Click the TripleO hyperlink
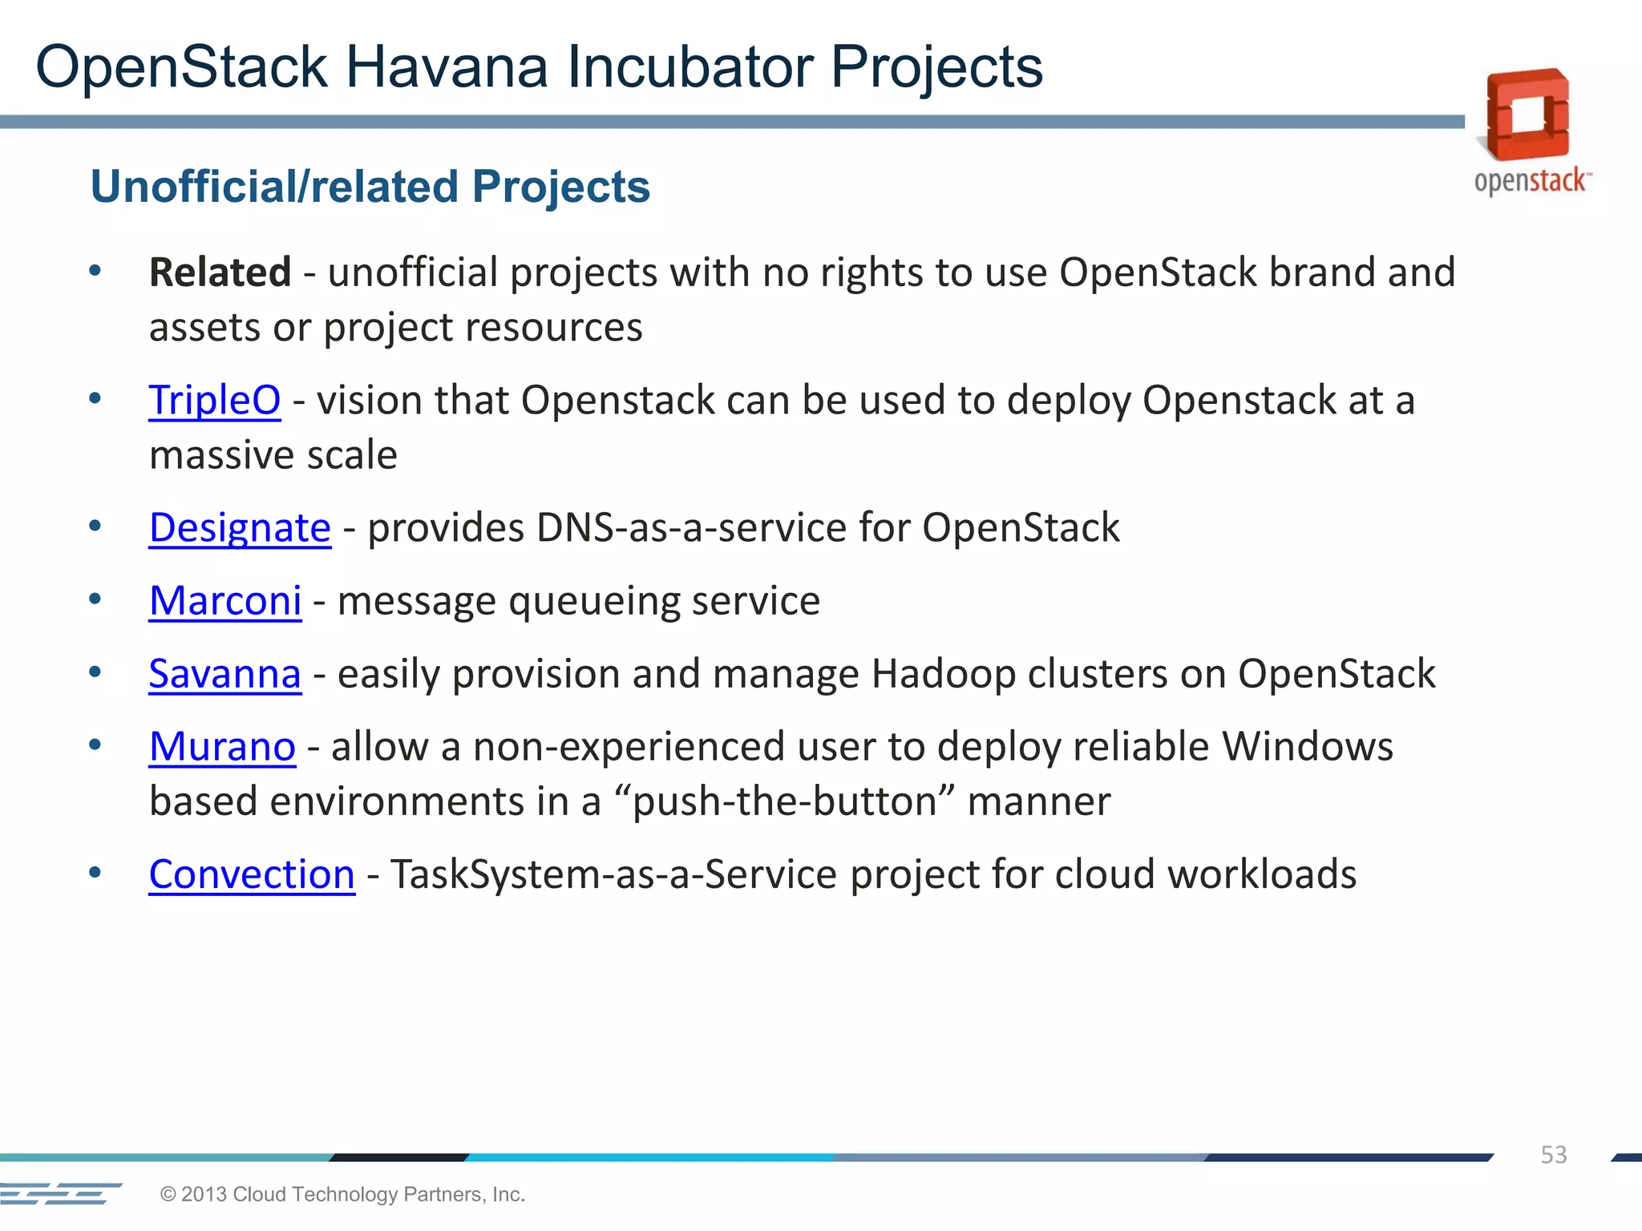click(x=214, y=400)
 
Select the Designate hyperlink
click(x=240, y=528)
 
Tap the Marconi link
click(x=225, y=601)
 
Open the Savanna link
click(x=225, y=674)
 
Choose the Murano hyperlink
click(x=222, y=747)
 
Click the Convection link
click(x=252, y=874)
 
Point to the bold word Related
click(x=220, y=272)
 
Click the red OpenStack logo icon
click(x=1527, y=114)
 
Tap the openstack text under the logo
click(x=1531, y=181)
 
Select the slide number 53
click(x=1553, y=1155)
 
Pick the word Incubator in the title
click(x=690, y=67)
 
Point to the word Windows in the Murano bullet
click(x=1307, y=747)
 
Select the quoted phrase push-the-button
click(x=785, y=801)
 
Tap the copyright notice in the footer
click(x=342, y=1194)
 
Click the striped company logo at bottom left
click(x=61, y=1193)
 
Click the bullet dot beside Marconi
click(x=95, y=599)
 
